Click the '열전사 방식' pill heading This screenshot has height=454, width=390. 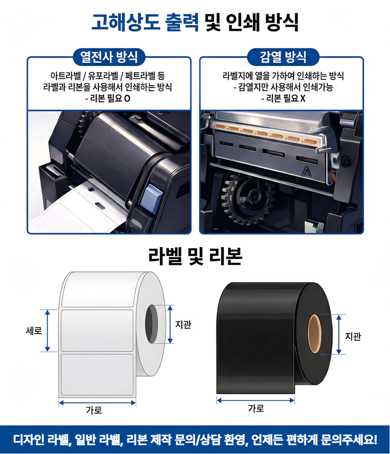(x=109, y=56)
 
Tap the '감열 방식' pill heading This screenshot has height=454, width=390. (x=283, y=56)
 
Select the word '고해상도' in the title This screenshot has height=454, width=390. (x=126, y=22)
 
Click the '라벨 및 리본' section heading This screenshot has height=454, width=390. (x=195, y=256)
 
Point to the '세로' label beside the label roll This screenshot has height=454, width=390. (x=34, y=331)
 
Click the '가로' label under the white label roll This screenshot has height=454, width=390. (x=94, y=410)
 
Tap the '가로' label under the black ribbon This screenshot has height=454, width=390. (x=256, y=408)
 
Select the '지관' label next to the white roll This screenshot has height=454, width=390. (x=183, y=324)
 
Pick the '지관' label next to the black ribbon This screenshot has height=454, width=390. (x=353, y=336)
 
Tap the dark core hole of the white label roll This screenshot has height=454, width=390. (x=151, y=324)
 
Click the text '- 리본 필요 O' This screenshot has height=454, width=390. (x=108, y=99)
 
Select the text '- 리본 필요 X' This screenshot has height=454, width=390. (x=283, y=99)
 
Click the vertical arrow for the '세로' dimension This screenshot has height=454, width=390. (x=48, y=331)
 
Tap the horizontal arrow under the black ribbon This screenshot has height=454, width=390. (x=256, y=400)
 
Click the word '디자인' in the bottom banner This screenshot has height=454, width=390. (x=28, y=439)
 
